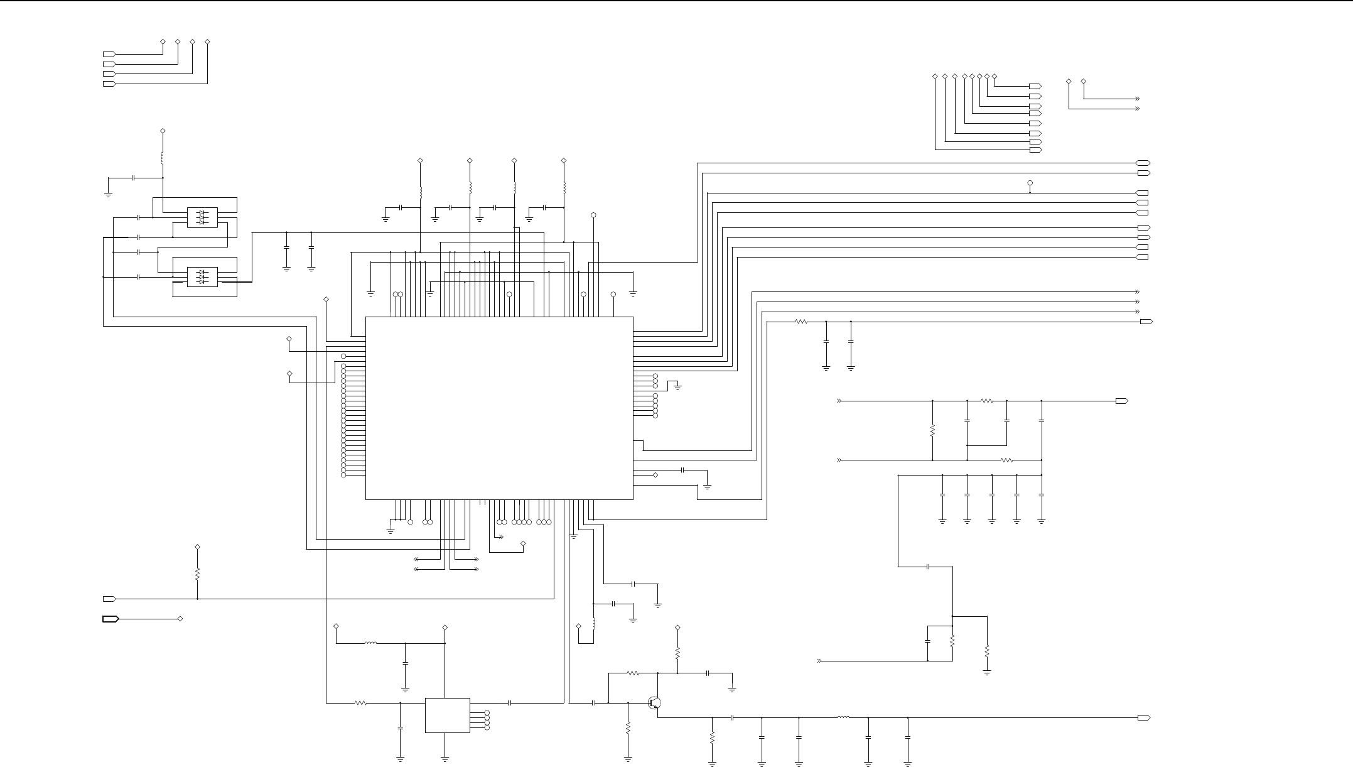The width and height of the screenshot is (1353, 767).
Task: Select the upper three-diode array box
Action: pyautogui.click(x=202, y=217)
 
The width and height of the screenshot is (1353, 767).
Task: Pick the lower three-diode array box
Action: pyautogui.click(x=202, y=277)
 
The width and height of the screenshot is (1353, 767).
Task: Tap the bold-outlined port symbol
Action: pyautogui.click(x=111, y=619)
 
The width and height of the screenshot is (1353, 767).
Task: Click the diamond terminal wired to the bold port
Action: pyautogui.click(x=181, y=619)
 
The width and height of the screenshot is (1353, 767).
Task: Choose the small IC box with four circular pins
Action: pyautogui.click(x=447, y=715)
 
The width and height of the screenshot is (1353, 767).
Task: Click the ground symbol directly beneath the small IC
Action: pyautogui.click(x=445, y=759)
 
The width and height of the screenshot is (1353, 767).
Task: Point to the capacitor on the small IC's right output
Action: pyautogui.click(x=510, y=703)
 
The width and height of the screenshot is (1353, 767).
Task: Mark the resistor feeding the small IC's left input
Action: pyautogui.click(x=361, y=703)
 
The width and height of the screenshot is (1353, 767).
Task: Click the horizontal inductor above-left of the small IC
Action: pyautogui.click(x=370, y=643)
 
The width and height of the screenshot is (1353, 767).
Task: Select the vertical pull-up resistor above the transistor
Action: pyautogui.click(x=677, y=653)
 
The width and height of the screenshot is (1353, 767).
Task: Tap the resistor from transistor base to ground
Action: pyautogui.click(x=628, y=727)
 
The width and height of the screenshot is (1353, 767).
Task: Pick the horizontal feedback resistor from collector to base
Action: pyautogui.click(x=633, y=673)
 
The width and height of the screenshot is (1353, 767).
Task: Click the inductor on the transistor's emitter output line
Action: pyautogui.click(x=843, y=717)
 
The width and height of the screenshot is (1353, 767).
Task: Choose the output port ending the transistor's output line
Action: pyautogui.click(x=1144, y=717)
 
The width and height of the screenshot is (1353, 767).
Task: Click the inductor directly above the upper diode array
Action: pyautogui.click(x=163, y=158)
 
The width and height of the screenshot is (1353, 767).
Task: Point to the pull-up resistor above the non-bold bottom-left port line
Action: pyautogui.click(x=197, y=574)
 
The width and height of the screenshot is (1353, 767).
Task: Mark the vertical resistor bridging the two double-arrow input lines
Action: pyautogui.click(x=933, y=431)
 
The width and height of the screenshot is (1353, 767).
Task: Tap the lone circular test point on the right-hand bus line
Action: pyautogui.click(x=1030, y=183)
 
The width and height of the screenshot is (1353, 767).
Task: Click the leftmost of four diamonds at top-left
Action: pyautogui.click(x=163, y=41)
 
